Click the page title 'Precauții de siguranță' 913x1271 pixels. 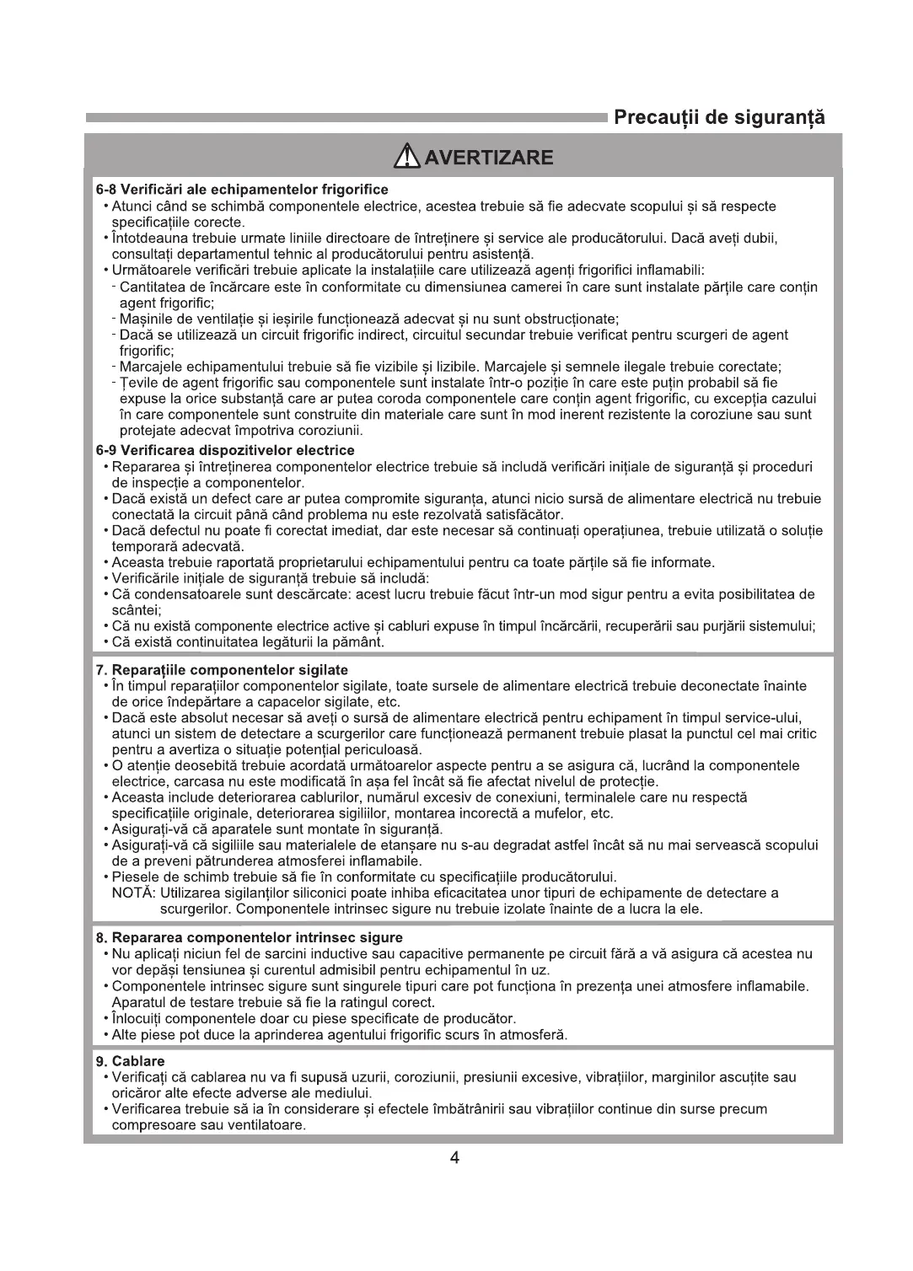click(x=718, y=117)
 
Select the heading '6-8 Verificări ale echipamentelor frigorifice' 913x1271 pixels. click(x=242, y=190)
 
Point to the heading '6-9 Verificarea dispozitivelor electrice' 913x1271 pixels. click(x=225, y=451)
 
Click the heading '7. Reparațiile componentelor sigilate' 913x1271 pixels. click(x=222, y=670)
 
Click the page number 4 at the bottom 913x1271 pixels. click(x=455, y=1158)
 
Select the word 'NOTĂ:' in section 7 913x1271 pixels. click(x=132, y=893)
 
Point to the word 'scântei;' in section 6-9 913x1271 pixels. click(x=137, y=610)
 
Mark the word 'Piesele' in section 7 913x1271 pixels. click(x=134, y=877)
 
